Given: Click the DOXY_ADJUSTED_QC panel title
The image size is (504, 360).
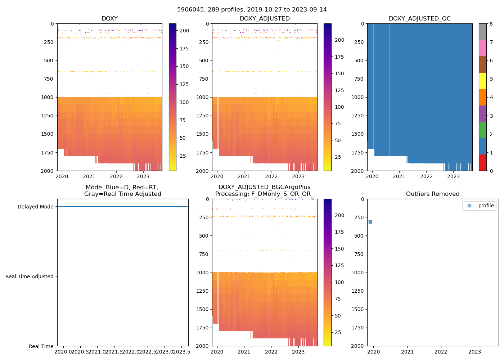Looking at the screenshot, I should (419, 19).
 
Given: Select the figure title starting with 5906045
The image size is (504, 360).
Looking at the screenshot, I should (252, 10).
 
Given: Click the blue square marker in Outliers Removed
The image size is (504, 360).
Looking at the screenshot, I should (370, 222).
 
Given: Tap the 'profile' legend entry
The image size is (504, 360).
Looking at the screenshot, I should (486, 206).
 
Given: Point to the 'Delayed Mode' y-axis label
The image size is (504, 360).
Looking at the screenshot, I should (35, 207).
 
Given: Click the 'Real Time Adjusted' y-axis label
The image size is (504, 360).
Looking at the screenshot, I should (30, 276).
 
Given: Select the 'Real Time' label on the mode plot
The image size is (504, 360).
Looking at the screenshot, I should (41, 346).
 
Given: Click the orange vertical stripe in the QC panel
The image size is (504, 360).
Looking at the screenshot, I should (425, 94).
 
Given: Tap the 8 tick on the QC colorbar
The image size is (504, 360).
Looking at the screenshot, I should (491, 24).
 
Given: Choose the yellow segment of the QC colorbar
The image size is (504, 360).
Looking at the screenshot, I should (482, 81).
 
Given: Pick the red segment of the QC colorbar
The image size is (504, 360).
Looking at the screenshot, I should (482, 163).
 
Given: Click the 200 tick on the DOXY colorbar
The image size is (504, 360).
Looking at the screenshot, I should (184, 31).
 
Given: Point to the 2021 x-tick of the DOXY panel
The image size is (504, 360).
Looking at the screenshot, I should (89, 176).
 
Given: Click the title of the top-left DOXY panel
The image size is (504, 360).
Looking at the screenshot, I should (109, 19).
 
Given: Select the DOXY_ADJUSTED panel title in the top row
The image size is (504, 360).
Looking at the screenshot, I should (265, 19).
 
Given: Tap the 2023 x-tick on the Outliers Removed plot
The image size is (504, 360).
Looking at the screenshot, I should (474, 352).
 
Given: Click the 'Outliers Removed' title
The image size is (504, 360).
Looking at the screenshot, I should (433, 194).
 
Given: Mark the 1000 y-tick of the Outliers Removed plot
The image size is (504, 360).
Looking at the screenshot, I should (358, 273).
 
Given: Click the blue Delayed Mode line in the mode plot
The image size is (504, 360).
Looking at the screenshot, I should (122, 207).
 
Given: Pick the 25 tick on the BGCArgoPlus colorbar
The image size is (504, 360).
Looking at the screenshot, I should (338, 332).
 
